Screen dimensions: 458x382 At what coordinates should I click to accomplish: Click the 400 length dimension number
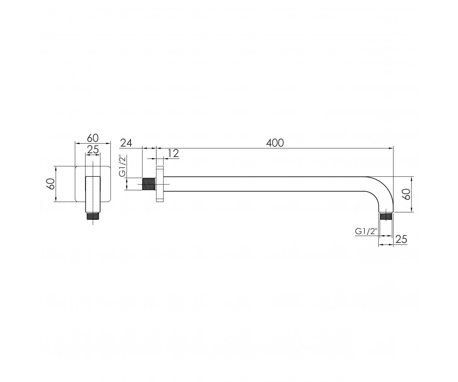pyautogui.click(x=275, y=143)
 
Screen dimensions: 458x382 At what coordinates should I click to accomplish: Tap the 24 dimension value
pyautogui.click(x=126, y=143)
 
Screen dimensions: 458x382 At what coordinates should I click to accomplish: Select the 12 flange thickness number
pyautogui.click(x=174, y=153)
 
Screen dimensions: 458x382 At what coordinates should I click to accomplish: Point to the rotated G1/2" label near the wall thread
pyautogui.click(x=123, y=166)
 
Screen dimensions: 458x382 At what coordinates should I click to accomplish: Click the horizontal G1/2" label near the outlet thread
pyautogui.click(x=366, y=231)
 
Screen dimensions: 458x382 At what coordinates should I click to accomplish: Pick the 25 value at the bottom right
pyautogui.click(x=401, y=239)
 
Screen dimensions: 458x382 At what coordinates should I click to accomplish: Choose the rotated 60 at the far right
pyautogui.click(x=407, y=194)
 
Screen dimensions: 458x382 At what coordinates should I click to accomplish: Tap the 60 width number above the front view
pyautogui.click(x=93, y=138)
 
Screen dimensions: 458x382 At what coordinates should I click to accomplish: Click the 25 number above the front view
pyautogui.click(x=93, y=150)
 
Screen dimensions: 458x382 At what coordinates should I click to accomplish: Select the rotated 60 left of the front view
pyautogui.click(x=51, y=184)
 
